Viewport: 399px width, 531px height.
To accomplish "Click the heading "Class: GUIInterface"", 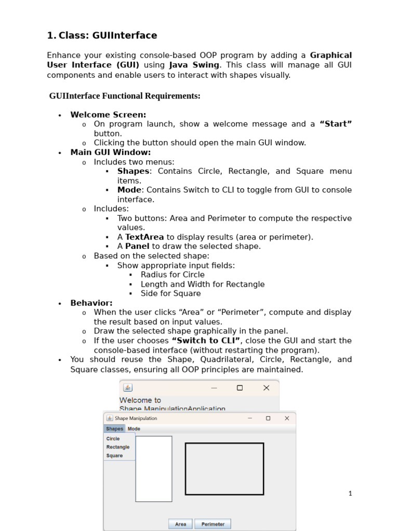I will click(108, 35).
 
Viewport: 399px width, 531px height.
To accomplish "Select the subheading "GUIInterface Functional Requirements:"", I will click(125, 96).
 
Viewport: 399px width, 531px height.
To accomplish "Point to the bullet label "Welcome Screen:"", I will click(108, 115).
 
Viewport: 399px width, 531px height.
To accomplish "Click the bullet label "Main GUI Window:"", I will click(111, 152).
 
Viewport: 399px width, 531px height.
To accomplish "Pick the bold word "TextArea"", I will click(144, 237).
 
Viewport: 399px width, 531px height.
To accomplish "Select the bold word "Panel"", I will click(137, 246).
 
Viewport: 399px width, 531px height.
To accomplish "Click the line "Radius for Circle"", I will click(172, 274).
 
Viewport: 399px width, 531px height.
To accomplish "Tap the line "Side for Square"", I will click(170, 294).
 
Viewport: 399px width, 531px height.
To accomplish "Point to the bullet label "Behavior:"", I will click(91, 303).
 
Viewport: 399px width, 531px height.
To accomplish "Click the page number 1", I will click(350, 493).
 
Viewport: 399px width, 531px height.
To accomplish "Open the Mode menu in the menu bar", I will click(134, 429).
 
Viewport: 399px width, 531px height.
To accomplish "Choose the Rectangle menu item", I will click(118, 447).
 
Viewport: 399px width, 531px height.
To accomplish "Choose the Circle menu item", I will click(113, 439).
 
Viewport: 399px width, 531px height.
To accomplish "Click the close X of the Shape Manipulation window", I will click(287, 418).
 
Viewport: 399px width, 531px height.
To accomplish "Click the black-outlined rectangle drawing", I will click(224, 469).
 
